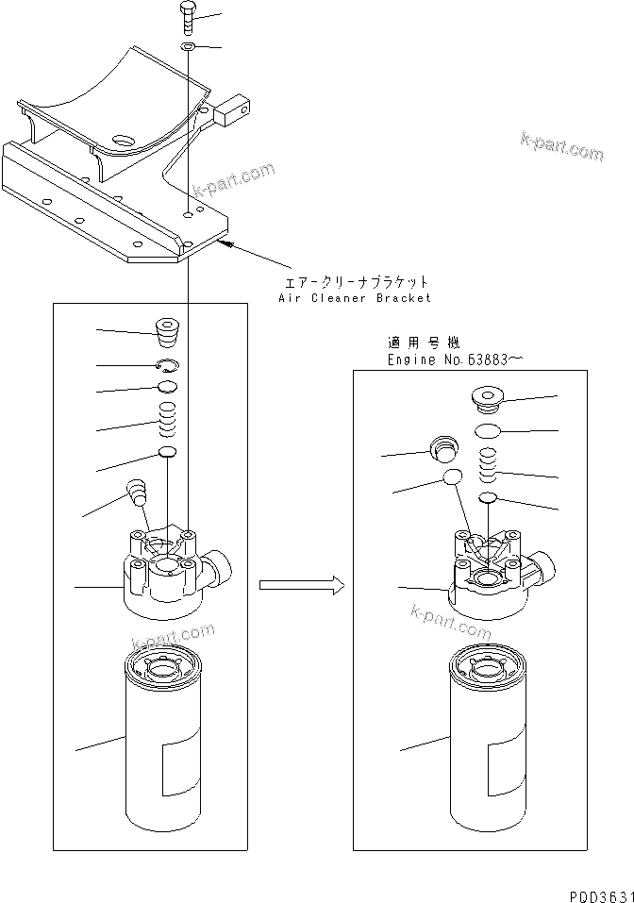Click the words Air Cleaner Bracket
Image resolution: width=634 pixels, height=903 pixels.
[x=355, y=297]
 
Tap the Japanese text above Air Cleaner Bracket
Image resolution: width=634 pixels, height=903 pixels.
[x=358, y=281]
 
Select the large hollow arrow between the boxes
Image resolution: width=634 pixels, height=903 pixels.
[x=299, y=585]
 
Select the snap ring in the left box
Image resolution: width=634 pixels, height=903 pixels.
[x=166, y=365]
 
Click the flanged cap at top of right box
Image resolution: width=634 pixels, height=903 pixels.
[x=487, y=404]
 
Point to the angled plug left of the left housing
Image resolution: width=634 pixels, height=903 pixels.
[x=137, y=492]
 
